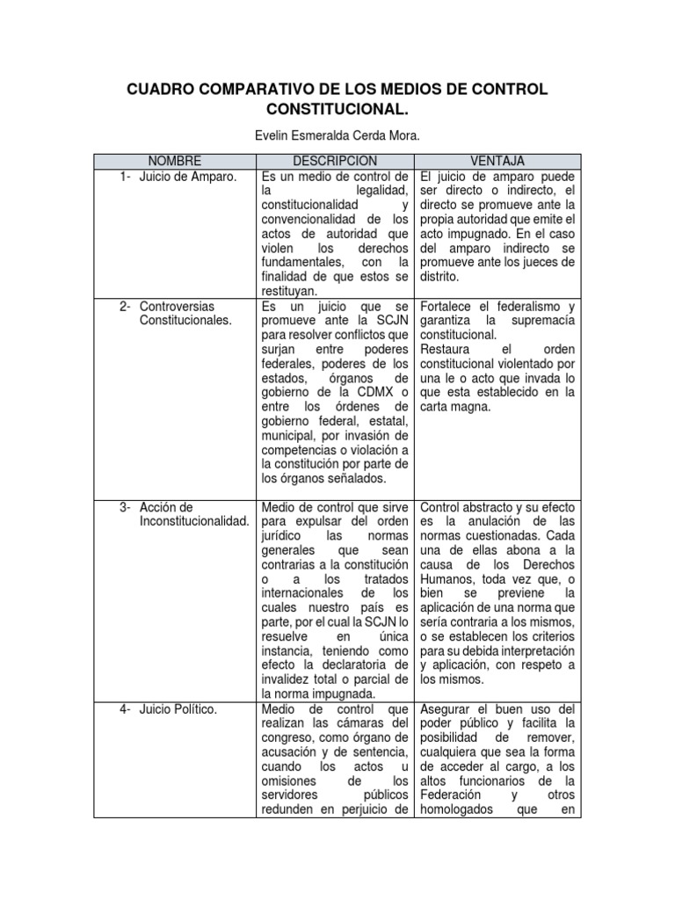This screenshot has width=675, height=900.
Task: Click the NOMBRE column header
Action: tap(174, 161)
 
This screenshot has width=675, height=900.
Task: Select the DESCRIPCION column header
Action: tap(335, 161)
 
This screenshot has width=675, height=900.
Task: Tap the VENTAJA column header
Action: tap(497, 161)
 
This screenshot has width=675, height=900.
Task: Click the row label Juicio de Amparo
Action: tap(188, 177)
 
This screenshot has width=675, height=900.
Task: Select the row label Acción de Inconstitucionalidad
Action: tap(193, 515)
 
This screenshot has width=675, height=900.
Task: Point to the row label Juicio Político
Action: tap(178, 709)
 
